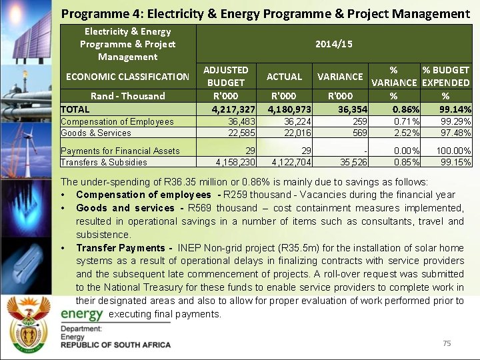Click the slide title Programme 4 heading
point(265,13)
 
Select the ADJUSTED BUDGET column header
point(225,76)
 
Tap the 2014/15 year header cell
point(335,43)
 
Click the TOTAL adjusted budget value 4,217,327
point(229,109)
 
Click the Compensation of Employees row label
point(117,121)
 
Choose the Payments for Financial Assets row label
point(120,151)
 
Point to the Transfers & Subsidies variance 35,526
point(351,162)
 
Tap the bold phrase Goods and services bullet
point(125,208)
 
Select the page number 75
point(447,343)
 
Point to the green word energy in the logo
point(82,314)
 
